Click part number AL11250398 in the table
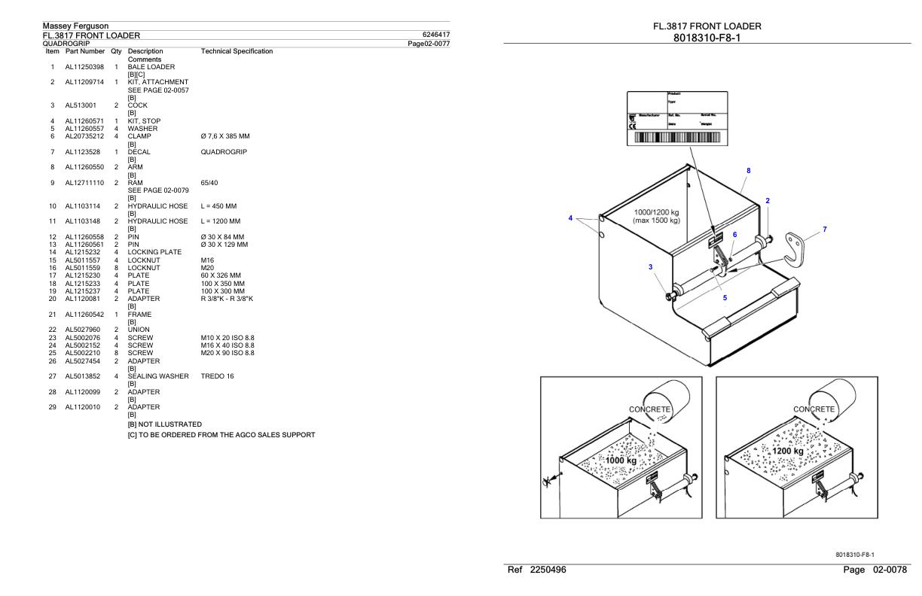pyautogui.click(x=84, y=67)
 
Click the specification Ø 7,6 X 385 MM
pyautogui.click(x=225, y=135)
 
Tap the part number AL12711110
pyautogui.click(x=84, y=183)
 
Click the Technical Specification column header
pyautogui.click(x=237, y=51)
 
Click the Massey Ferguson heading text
pyautogui.click(x=75, y=26)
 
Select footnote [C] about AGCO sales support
pyautogui.click(x=221, y=435)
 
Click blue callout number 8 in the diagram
pyautogui.click(x=748, y=171)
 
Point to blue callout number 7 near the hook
pyautogui.click(x=824, y=229)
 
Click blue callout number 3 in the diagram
pyautogui.click(x=651, y=266)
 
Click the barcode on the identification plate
pyautogui.click(x=677, y=138)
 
